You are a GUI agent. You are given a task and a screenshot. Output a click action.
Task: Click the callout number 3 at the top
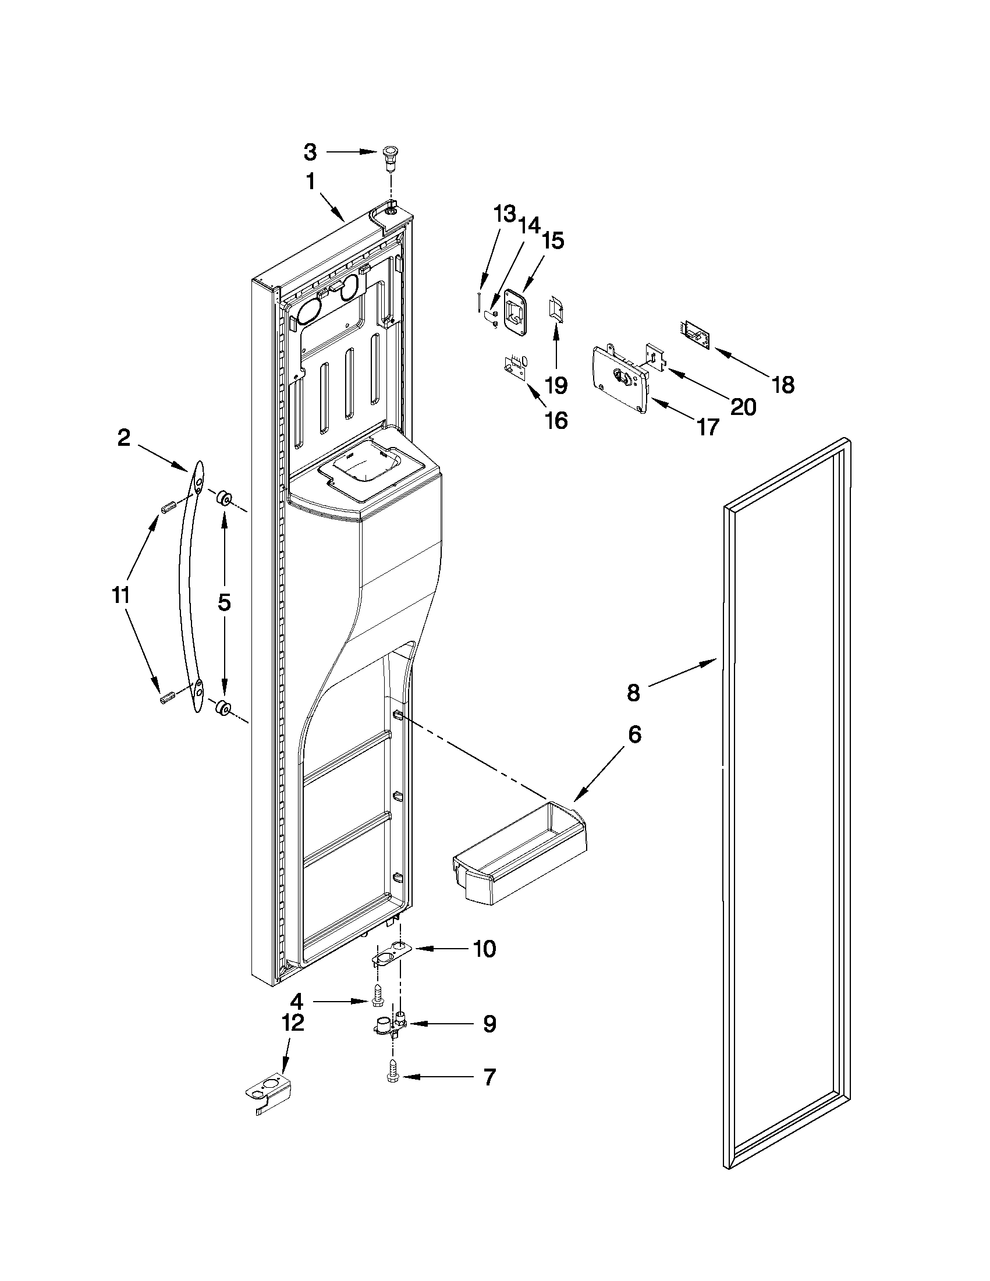click(x=310, y=152)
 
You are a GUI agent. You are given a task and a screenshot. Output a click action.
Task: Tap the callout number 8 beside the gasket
click(x=633, y=693)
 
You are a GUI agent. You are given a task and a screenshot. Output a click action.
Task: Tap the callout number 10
click(x=484, y=949)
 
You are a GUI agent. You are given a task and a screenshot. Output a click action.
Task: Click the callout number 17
click(x=708, y=428)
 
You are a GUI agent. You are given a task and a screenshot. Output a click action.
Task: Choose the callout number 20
click(x=743, y=406)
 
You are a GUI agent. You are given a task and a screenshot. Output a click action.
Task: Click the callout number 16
click(x=556, y=420)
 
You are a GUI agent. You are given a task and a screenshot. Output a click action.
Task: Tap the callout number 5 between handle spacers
click(x=225, y=602)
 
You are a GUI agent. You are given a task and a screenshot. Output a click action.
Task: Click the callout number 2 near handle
click(x=124, y=438)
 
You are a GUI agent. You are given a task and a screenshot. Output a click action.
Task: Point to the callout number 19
click(x=556, y=385)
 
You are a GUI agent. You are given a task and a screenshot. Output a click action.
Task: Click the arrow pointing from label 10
click(x=440, y=948)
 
